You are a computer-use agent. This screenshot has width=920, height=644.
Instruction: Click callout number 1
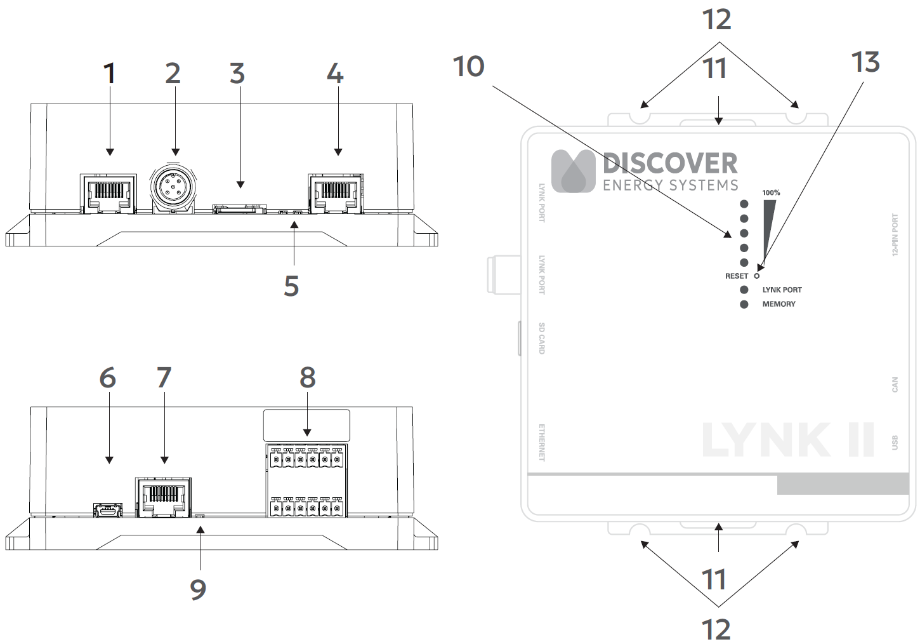click(x=110, y=74)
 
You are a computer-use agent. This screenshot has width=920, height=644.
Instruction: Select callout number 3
click(x=237, y=74)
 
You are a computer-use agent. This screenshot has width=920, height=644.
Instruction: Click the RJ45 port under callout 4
click(x=334, y=192)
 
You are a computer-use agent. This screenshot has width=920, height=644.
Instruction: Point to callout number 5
click(x=291, y=286)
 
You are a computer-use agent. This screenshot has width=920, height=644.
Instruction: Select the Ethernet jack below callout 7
click(x=163, y=497)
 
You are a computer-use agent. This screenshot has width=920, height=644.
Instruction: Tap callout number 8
click(x=308, y=377)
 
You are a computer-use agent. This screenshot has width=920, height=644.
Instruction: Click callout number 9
click(x=198, y=589)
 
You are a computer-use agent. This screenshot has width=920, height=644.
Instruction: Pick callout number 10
click(x=469, y=67)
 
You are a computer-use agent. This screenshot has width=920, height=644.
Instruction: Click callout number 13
click(x=865, y=62)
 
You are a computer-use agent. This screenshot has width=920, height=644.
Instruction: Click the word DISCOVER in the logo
click(x=670, y=163)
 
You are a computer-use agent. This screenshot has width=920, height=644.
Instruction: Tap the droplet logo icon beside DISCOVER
click(x=573, y=171)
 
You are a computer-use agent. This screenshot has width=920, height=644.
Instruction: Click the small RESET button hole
click(x=756, y=276)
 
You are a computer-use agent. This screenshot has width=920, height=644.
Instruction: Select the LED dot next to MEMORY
click(x=744, y=304)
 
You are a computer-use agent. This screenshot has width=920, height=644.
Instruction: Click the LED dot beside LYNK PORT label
click(x=744, y=290)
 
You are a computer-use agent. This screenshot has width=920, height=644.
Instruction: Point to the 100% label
click(x=771, y=192)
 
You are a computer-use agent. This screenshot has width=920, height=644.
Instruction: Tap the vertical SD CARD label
click(x=542, y=338)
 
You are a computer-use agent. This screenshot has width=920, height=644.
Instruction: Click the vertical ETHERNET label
click(x=542, y=442)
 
